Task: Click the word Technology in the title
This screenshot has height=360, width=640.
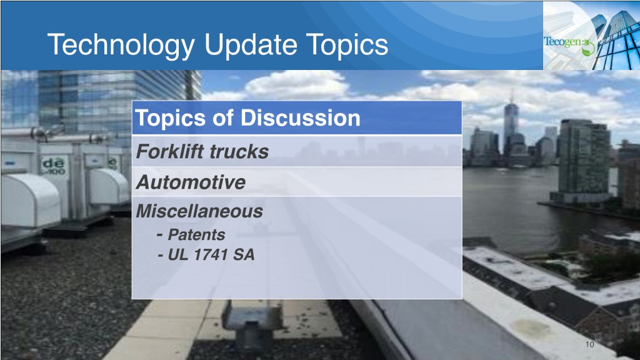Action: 121,45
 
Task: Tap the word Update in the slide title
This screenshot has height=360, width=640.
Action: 250,44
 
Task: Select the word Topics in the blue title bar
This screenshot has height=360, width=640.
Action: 346,45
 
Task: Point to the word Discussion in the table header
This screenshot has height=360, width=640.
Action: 300,118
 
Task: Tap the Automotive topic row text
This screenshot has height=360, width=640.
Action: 191,182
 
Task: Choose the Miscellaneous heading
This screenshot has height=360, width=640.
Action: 199,211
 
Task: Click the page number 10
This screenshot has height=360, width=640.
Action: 589,344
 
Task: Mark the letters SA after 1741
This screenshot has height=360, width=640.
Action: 244,255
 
